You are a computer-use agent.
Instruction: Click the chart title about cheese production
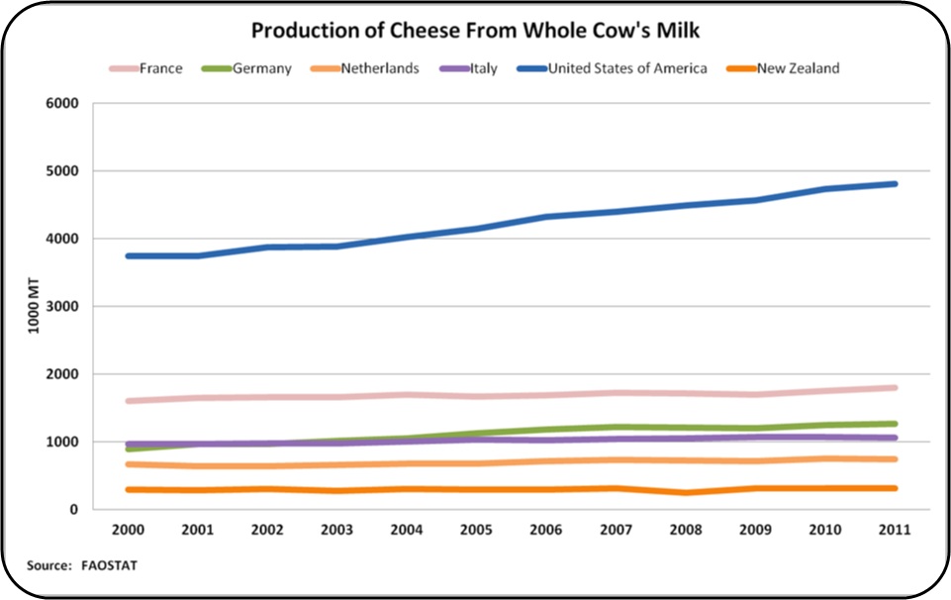(x=475, y=31)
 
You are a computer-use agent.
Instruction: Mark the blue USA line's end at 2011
(x=895, y=184)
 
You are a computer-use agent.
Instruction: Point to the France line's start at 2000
(x=130, y=401)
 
